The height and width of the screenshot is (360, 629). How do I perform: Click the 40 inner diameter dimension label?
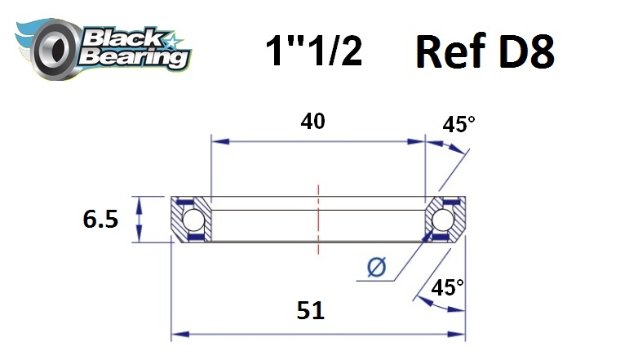tap(312, 121)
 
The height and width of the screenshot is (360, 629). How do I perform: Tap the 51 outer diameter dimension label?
tap(310, 311)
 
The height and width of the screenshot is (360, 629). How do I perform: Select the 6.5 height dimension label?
tap(100, 219)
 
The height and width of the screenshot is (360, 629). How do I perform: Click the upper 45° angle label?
tap(458, 124)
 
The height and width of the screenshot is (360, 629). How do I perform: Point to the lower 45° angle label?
tap(447, 287)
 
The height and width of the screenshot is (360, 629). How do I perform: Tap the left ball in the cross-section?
tap(193, 219)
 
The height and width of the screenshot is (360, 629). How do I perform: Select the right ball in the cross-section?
tap(443, 219)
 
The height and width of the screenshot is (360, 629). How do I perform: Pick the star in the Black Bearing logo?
tap(174, 42)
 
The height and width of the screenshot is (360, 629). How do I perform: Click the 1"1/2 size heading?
tap(314, 50)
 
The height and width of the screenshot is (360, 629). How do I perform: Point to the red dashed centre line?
tap(318, 219)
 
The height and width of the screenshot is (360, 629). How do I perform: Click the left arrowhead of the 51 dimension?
tap(180, 334)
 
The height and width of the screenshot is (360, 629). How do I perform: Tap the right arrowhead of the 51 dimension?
tap(457, 334)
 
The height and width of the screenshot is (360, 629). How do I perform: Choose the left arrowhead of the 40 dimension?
tap(220, 141)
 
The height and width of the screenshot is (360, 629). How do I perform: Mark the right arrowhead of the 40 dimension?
tap(415, 141)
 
